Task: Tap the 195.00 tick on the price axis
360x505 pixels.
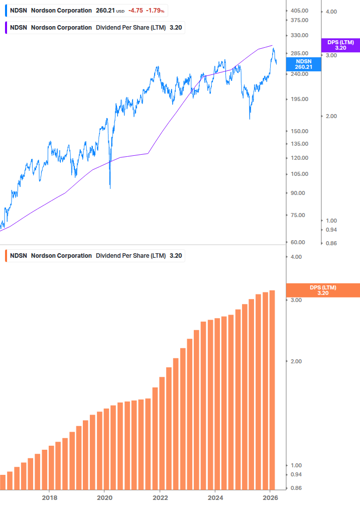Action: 300,99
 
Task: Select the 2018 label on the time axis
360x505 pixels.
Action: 49,497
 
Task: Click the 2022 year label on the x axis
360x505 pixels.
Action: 160,497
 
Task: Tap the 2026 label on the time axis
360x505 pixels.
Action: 270,497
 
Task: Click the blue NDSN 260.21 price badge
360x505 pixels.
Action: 303,64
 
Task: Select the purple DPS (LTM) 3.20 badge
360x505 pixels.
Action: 340,45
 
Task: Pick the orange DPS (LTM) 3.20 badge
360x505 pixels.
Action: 322,290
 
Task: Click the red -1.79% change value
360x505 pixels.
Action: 155,10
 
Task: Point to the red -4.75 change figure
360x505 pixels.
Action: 135,10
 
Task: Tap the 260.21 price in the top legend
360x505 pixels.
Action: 105,10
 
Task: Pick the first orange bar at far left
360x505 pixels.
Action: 3,482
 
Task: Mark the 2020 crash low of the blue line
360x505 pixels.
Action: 110,188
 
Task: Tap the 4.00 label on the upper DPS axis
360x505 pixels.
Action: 331,11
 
